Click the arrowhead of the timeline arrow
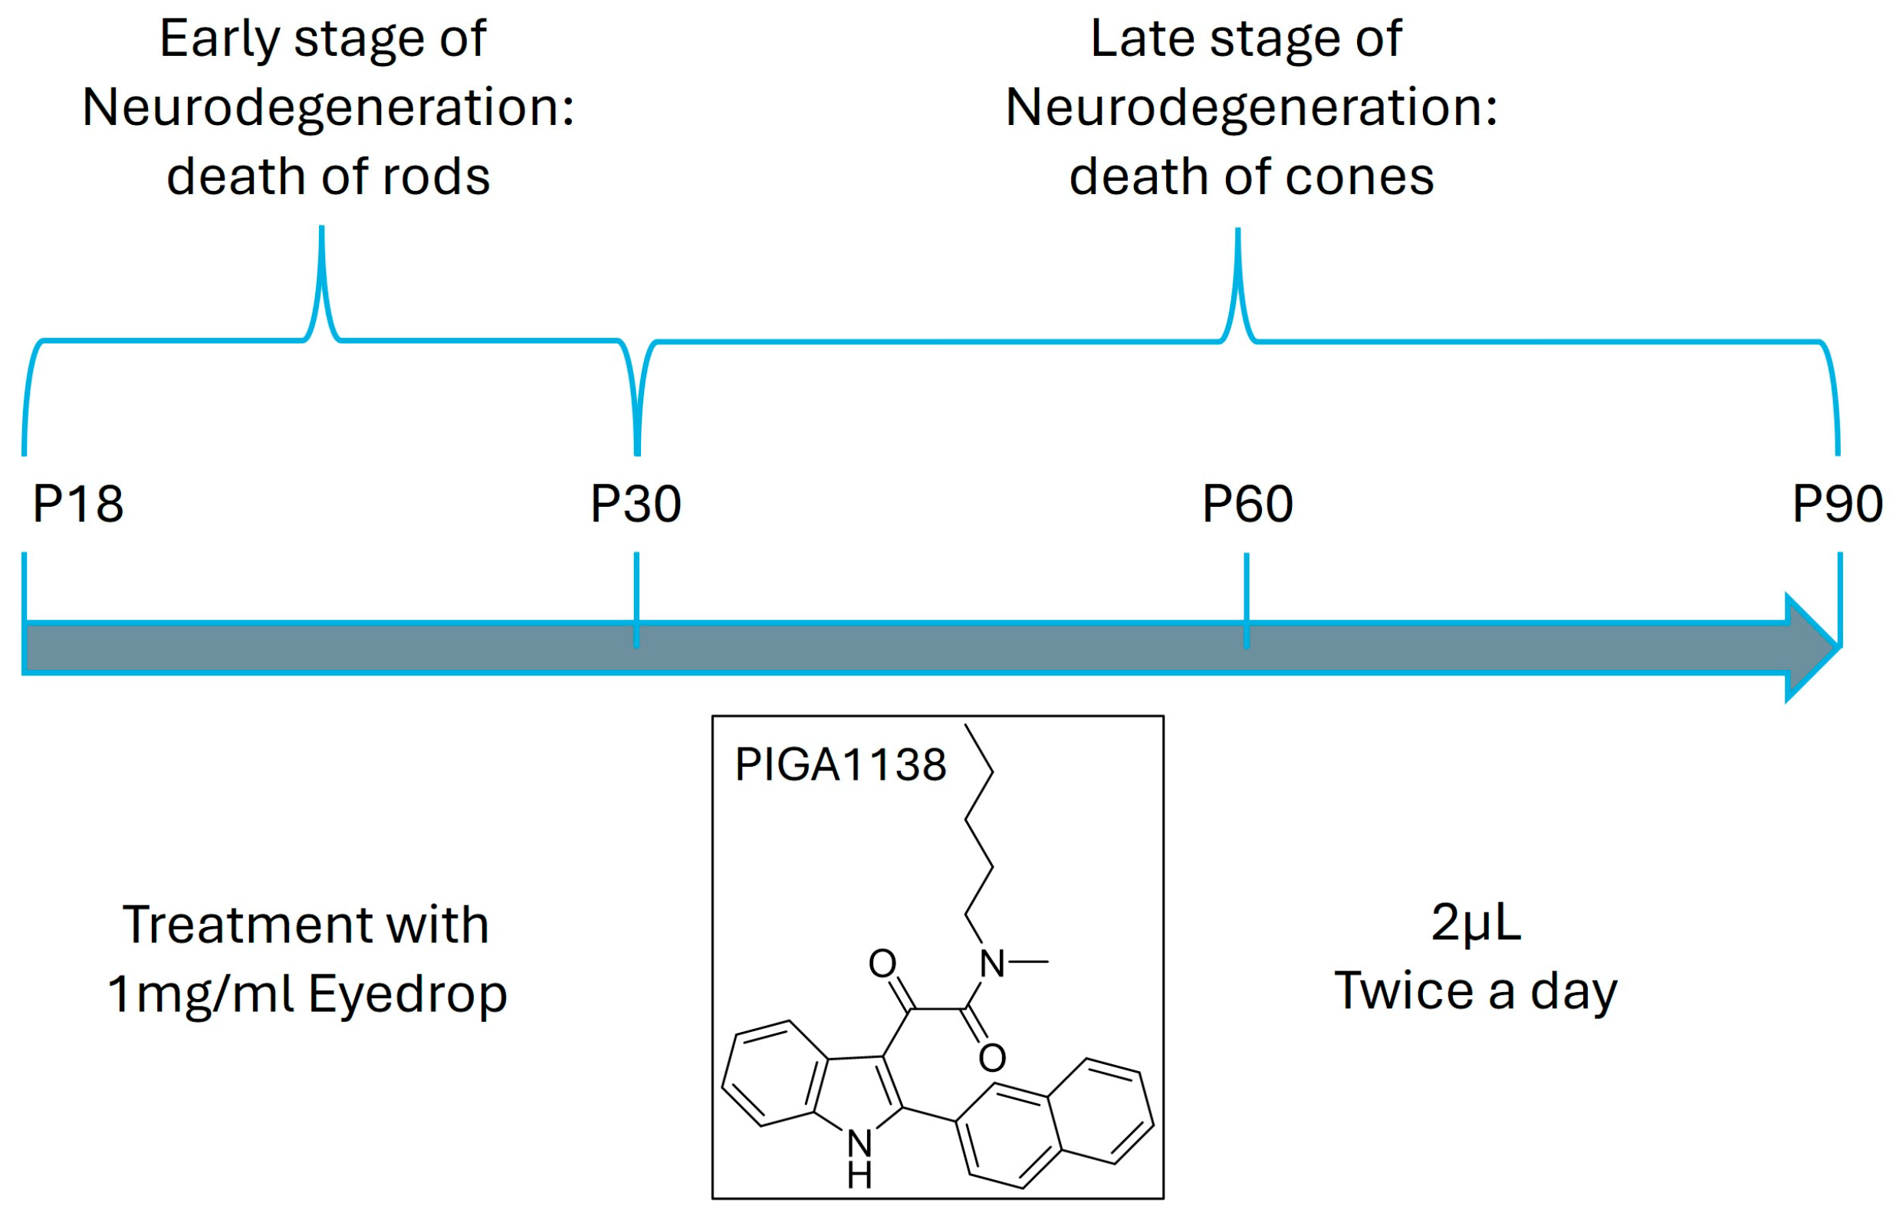click(x=1812, y=647)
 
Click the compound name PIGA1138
click(x=840, y=764)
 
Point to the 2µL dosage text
click(x=1475, y=922)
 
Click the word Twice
click(x=1403, y=991)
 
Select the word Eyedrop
click(x=407, y=994)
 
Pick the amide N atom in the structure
click(x=991, y=964)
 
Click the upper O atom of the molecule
click(x=882, y=963)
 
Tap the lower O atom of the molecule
click(x=992, y=1058)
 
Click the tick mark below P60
click(x=1247, y=600)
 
